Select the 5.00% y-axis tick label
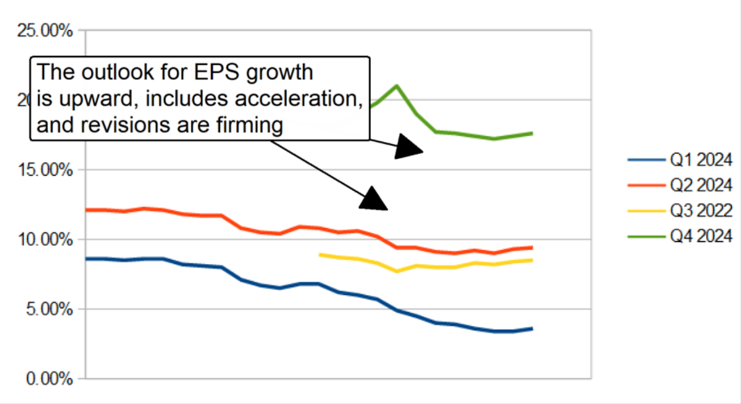46,309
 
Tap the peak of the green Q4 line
397,86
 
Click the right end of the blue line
532,329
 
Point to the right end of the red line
532,247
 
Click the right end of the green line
532,133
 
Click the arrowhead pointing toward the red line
374,199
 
